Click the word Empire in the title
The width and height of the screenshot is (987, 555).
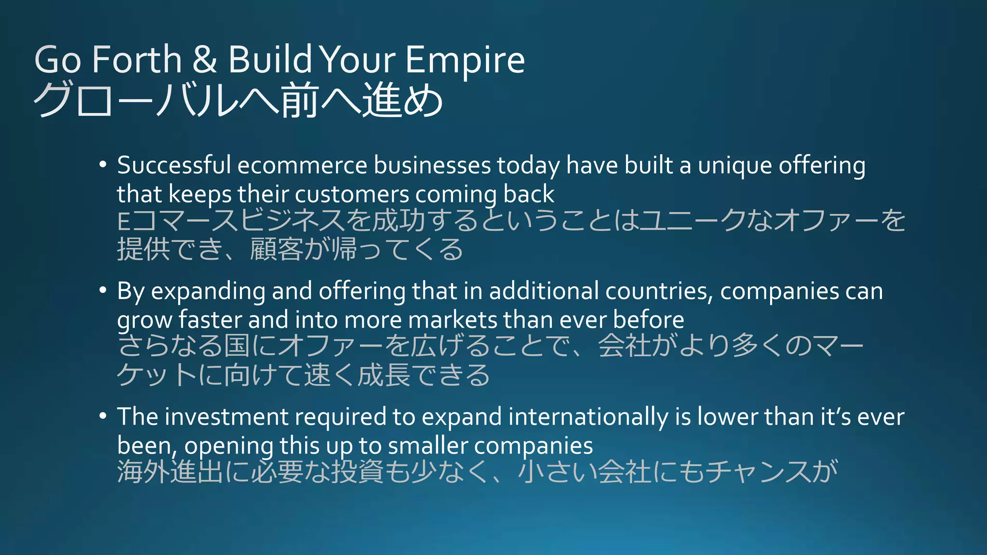[x=465, y=60]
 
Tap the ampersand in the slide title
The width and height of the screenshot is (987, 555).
[x=205, y=60]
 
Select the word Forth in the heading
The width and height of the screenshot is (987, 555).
[x=137, y=60]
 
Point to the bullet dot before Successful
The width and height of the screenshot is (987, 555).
[x=102, y=165]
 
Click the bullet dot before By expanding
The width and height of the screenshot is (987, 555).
[x=102, y=291]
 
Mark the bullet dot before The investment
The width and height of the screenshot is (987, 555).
[x=102, y=416]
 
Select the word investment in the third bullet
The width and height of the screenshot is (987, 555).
[x=227, y=417]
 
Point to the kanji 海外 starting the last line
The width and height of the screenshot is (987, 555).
[x=144, y=471]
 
